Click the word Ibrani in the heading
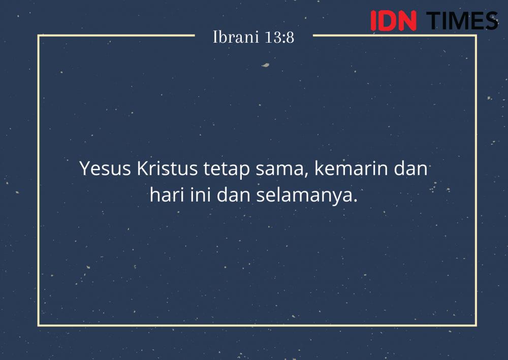click(x=236, y=37)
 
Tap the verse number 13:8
click(x=279, y=37)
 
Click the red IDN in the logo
click(x=393, y=21)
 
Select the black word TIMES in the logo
click(x=462, y=21)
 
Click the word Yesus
click(x=105, y=169)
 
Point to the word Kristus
click(x=167, y=169)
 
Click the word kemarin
click(x=351, y=169)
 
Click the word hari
click(x=167, y=195)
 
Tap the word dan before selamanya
click(x=233, y=195)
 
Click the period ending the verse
click(x=355, y=201)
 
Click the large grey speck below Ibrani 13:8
click(x=265, y=65)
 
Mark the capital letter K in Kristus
click(x=143, y=169)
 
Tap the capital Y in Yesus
click(x=85, y=169)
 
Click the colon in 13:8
click(x=284, y=39)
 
